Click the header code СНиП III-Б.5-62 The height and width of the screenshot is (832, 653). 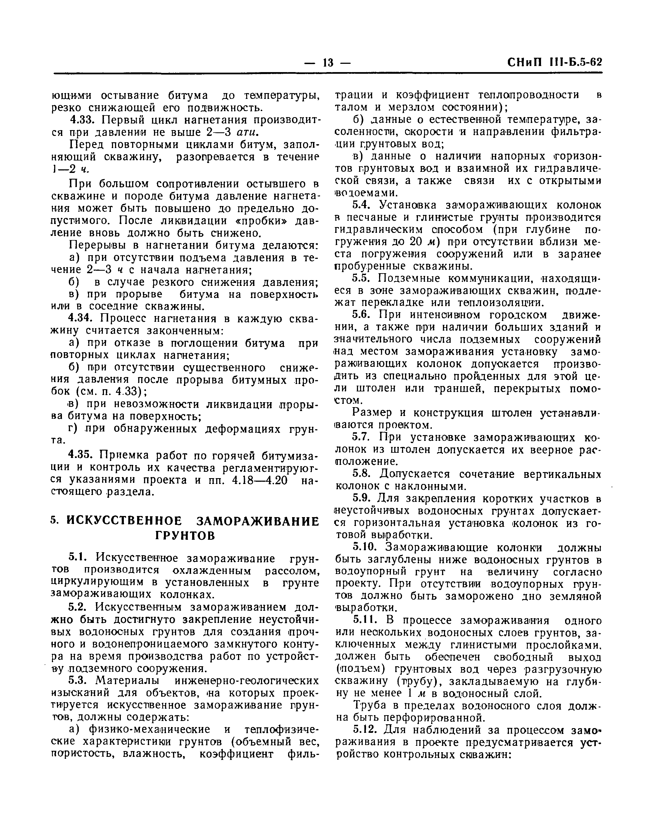(x=554, y=62)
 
